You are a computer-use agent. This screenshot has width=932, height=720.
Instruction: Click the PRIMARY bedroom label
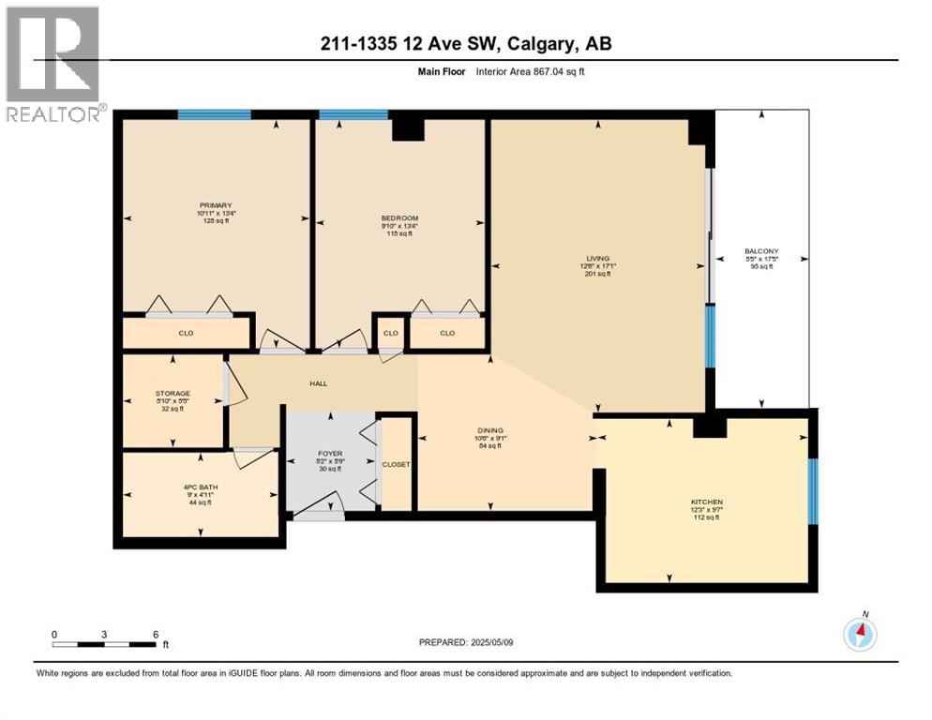click(215, 205)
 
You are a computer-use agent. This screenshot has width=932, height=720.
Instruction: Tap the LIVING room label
click(596, 258)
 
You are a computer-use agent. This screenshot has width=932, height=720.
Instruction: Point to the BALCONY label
click(761, 251)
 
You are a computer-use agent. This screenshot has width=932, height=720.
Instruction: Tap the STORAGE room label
click(173, 393)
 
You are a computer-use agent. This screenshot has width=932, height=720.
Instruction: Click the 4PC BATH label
click(197, 486)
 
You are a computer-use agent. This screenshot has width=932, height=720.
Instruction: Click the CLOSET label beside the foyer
click(396, 464)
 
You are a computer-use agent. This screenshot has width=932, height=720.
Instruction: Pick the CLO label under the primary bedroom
click(186, 332)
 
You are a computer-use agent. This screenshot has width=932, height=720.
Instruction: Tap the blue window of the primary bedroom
click(214, 114)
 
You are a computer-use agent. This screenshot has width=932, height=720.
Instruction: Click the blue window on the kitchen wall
click(813, 478)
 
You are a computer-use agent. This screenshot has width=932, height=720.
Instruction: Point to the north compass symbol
click(860, 635)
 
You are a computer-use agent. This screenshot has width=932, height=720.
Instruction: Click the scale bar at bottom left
click(104, 644)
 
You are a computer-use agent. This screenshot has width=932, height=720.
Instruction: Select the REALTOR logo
click(53, 64)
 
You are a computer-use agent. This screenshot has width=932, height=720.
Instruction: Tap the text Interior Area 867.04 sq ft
click(531, 71)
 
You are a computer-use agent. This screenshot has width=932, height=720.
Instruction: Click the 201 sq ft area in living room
click(596, 275)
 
